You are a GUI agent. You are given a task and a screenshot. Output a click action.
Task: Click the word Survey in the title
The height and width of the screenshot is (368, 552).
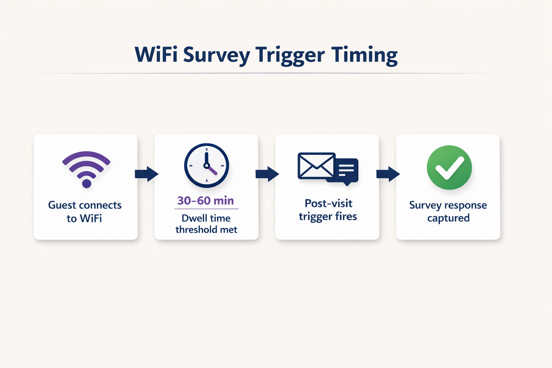click(x=216, y=55)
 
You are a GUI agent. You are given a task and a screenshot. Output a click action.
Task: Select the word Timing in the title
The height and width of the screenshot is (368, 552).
click(x=364, y=55)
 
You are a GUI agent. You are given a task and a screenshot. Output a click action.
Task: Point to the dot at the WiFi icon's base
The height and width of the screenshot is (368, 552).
click(x=87, y=184)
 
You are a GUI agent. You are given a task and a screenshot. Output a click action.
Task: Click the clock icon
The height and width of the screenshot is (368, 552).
click(x=206, y=166)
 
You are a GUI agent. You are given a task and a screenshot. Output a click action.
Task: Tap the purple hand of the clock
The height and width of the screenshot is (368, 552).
click(x=212, y=170)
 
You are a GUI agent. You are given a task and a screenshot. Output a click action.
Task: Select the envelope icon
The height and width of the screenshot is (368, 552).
click(x=316, y=166)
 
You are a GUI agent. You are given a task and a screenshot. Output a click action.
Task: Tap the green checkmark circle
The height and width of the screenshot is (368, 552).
click(x=449, y=167)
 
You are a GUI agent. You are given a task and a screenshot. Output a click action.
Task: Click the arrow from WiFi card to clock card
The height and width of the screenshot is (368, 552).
click(x=146, y=174)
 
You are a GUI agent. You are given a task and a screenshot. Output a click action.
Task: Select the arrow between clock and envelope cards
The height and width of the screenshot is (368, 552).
click(x=267, y=174)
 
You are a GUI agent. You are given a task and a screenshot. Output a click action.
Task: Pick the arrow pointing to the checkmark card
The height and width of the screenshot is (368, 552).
click(x=388, y=174)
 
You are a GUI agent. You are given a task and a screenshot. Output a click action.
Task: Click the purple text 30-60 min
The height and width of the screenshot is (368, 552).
click(x=206, y=201)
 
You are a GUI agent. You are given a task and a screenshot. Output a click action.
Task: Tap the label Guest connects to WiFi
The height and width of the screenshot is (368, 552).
click(x=85, y=211)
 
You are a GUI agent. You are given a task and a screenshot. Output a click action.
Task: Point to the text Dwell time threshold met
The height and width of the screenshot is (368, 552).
click(x=206, y=224)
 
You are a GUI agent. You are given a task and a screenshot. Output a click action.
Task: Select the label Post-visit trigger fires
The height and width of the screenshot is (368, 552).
click(x=328, y=210)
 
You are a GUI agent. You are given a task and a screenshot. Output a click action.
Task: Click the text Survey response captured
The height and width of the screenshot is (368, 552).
click(x=448, y=211)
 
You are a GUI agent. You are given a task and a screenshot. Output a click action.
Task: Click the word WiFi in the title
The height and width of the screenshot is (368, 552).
click(x=156, y=55)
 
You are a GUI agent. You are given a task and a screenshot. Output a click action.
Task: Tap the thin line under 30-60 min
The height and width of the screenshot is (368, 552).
click(x=206, y=209)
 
